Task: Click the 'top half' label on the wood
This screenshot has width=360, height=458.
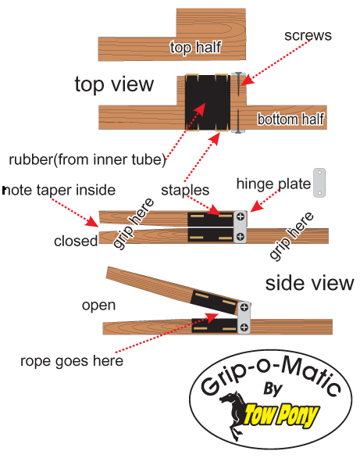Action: point(195,47)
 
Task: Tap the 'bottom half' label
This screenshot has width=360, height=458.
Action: point(290,119)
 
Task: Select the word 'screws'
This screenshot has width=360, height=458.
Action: point(308,35)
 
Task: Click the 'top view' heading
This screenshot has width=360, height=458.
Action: point(114,84)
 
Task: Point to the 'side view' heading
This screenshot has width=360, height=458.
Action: point(309,284)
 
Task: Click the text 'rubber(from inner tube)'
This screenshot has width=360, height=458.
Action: point(87,159)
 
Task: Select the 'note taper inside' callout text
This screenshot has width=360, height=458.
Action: point(59,190)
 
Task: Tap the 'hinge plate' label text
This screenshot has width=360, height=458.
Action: point(273,184)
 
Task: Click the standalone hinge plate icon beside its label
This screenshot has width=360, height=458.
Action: point(319,183)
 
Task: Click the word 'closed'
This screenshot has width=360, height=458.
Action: point(76,241)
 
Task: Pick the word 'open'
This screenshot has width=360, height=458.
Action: point(98,306)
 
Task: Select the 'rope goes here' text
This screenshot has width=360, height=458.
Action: point(72,361)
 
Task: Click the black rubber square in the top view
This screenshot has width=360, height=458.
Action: point(208,102)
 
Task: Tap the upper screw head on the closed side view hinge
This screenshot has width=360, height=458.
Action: point(241,216)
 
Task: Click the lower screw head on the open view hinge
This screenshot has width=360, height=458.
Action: point(244,327)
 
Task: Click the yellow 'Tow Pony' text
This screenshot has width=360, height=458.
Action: point(281,415)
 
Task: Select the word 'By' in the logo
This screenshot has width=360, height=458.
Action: point(273,389)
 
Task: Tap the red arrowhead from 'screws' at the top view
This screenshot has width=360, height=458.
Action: point(248,80)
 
